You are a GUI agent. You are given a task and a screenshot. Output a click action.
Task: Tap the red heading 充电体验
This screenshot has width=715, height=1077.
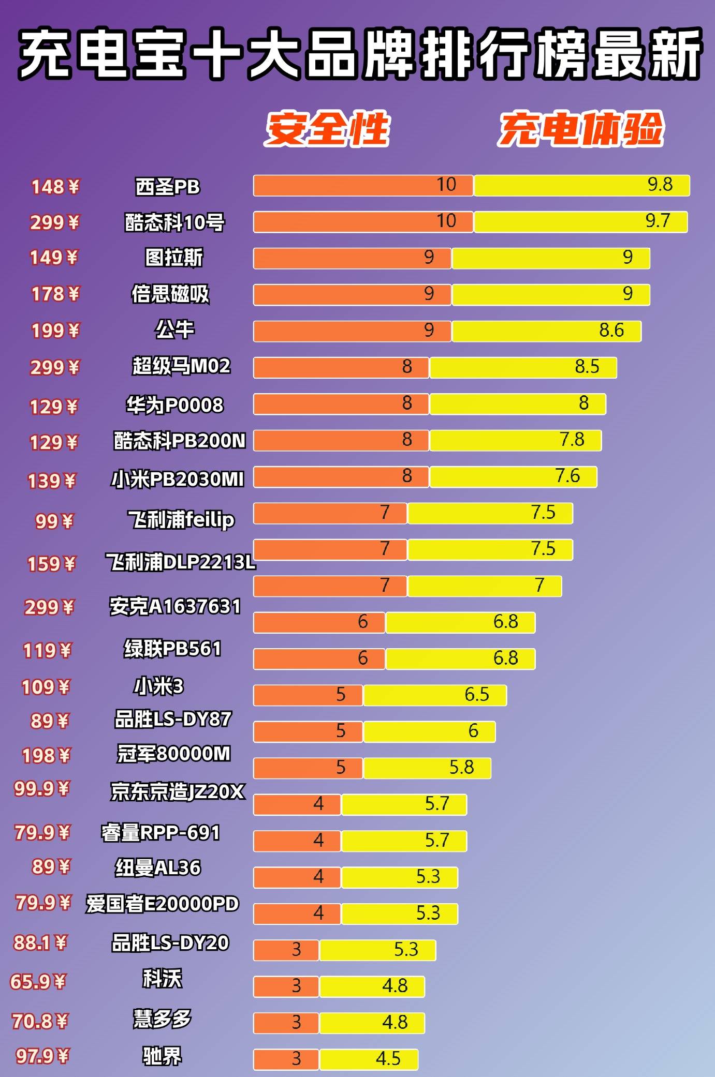click(581, 128)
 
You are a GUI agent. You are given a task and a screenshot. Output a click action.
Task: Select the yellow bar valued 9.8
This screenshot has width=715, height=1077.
click(581, 185)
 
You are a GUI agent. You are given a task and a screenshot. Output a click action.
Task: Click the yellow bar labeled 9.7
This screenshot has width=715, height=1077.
click(580, 221)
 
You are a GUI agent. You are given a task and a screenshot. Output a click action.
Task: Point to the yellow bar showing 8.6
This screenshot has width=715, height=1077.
click(546, 331)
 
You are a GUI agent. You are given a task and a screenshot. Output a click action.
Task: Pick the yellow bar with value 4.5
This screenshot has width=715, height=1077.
click(369, 1059)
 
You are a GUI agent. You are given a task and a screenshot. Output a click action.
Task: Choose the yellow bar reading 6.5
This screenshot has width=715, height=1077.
click(435, 695)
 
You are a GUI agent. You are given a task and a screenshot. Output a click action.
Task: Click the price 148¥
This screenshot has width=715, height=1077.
click(55, 187)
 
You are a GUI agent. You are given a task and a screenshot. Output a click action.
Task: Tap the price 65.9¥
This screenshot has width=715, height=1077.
click(38, 981)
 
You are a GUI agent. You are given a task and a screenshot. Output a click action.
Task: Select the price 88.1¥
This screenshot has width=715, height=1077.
click(40, 943)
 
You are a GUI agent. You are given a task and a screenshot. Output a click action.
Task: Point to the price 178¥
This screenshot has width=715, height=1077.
click(55, 294)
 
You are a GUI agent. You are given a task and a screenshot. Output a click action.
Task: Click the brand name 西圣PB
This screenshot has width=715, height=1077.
click(167, 187)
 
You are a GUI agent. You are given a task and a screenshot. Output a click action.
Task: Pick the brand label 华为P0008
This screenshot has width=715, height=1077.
click(175, 405)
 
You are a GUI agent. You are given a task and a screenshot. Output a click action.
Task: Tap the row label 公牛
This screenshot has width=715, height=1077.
click(174, 330)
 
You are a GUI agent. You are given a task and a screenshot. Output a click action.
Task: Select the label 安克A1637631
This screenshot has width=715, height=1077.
click(175, 606)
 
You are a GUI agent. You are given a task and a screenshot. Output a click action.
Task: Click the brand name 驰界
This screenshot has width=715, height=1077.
click(162, 1056)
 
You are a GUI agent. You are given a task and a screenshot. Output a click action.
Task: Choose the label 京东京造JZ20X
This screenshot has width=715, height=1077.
click(177, 791)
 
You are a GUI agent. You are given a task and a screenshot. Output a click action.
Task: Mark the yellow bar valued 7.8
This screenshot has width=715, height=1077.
click(515, 440)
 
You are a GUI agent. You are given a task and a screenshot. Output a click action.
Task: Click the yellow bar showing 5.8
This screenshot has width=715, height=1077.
click(427, 768)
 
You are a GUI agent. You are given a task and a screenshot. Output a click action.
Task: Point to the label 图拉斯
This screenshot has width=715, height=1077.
click(174, 257)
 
